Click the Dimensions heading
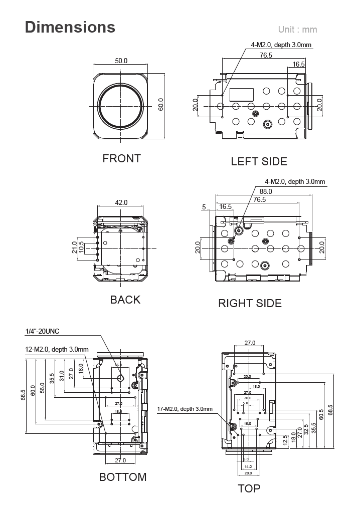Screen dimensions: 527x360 (x=70, y=27)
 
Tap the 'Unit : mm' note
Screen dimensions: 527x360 (x=297, y=30)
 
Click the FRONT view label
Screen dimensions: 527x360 (x=121, y=159)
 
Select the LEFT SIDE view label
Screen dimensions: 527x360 (x=259, y=162)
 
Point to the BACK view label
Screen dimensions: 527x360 (x=125, y=300)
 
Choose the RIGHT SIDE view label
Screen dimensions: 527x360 (x=250, y=304)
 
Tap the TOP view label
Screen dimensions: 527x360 (x=249, y=488)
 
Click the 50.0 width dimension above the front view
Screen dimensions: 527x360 (x=121, y=61)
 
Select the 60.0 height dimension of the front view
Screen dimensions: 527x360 (x=161, y=105)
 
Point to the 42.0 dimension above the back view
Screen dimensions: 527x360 (x=121, y=203)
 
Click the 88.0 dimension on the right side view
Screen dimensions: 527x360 (x=266, y=191)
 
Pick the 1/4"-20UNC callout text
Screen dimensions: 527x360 (x=42, y=331)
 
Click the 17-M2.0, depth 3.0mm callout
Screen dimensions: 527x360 (x=185, y=409)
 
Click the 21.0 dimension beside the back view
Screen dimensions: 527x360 (x=75, y=248)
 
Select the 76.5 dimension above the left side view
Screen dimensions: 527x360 (x=266, y=56)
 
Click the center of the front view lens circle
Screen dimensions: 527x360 (x=121, y=106)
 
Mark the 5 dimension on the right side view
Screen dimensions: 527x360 (x=204, y=206)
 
